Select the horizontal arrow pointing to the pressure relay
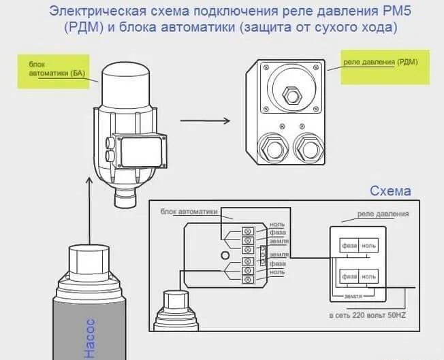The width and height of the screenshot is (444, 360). pos(204,121)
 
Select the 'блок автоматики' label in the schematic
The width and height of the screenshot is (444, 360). pos(189,212)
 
